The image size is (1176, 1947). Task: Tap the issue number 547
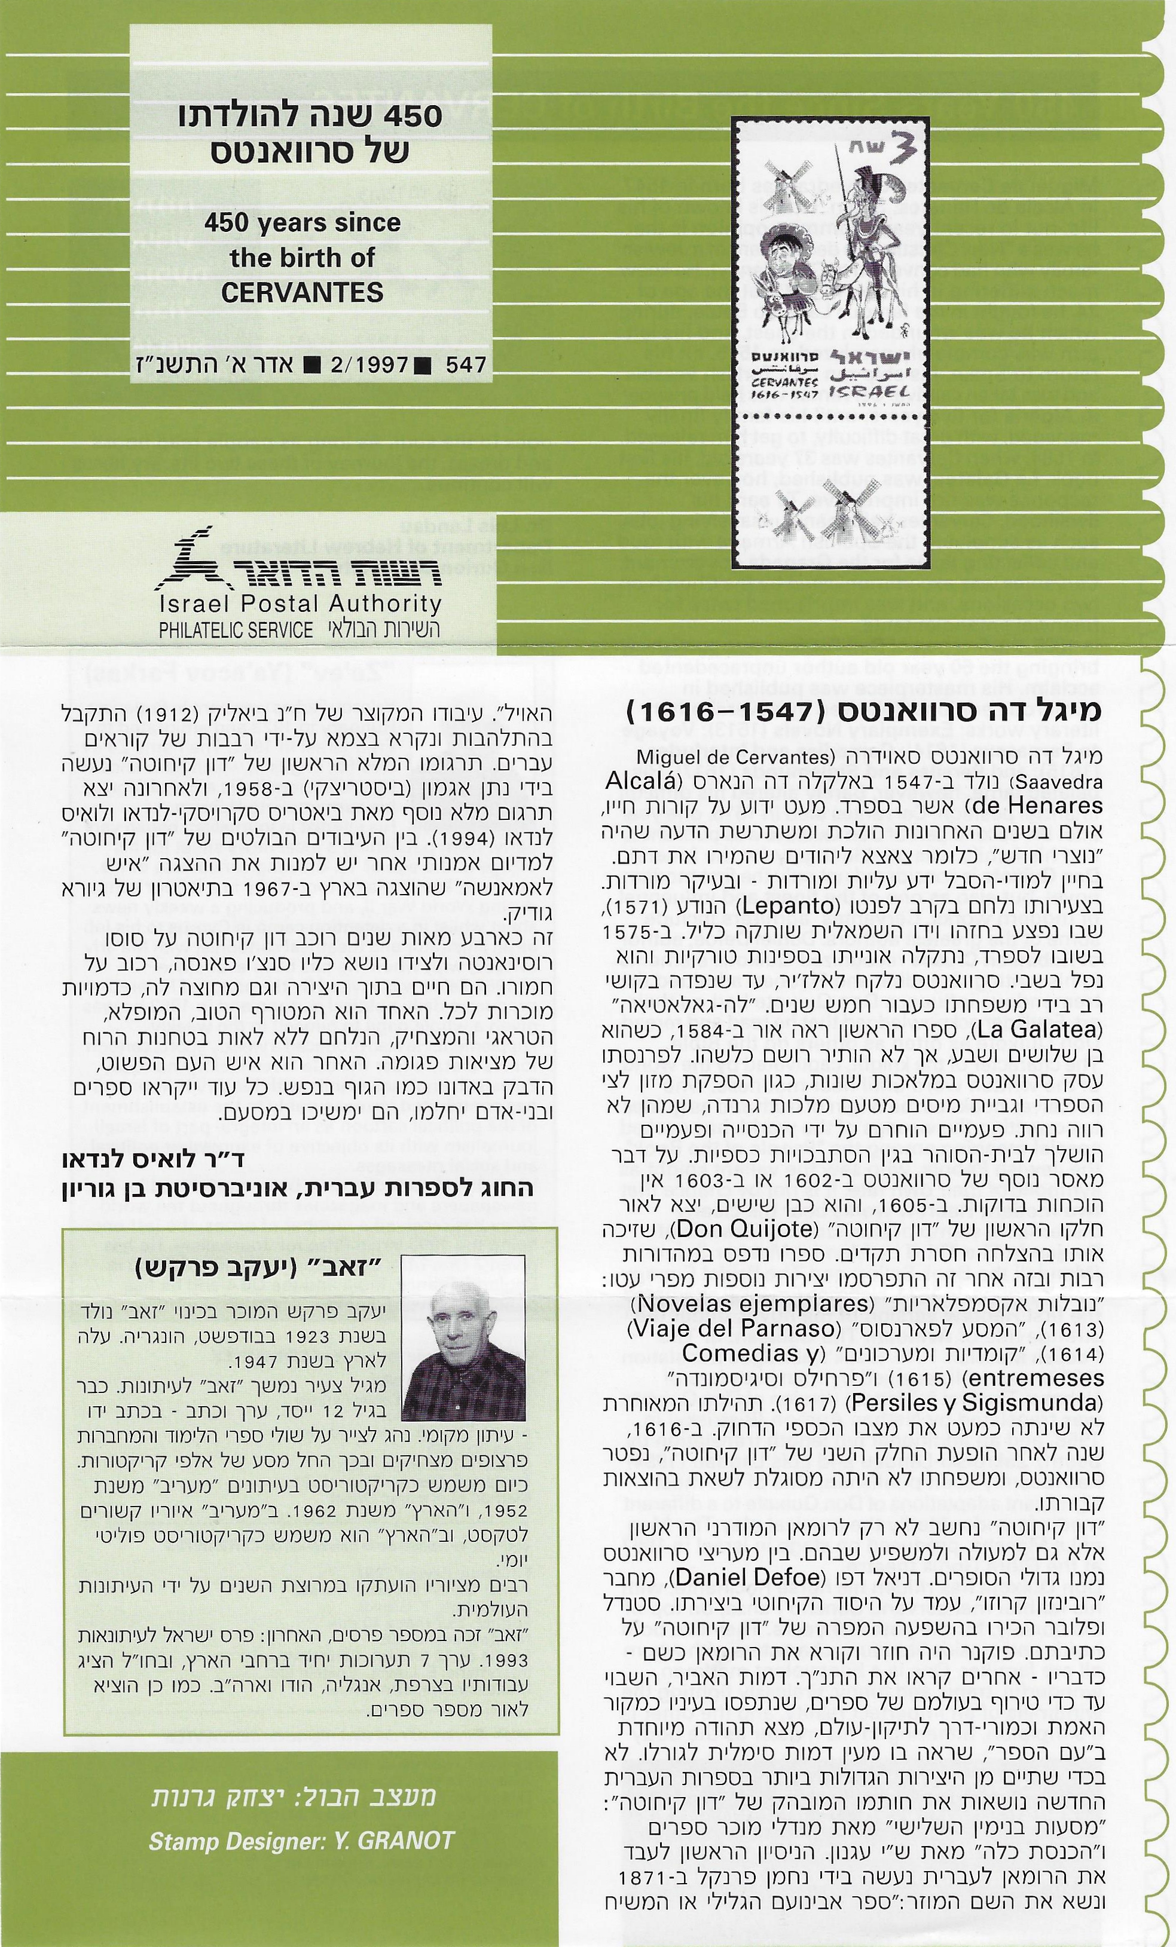click(466, 365)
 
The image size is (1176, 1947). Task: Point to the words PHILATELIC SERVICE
click(236, 630)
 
